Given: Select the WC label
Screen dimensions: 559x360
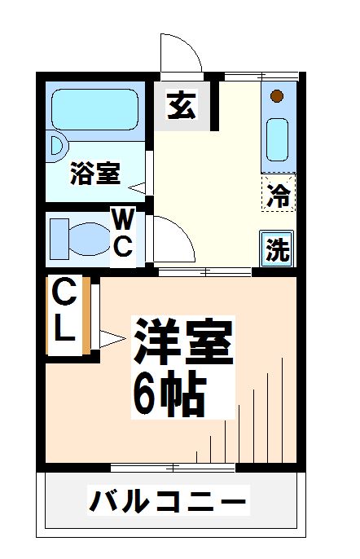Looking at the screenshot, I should [x=122, y=233].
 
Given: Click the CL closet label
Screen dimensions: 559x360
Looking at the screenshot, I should [x=65, y=311].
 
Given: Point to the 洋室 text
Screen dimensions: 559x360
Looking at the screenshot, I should [x=184, y=342].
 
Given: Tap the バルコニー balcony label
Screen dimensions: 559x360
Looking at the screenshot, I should [x=167, y=500].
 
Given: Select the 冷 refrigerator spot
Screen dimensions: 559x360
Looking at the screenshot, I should [x=279, y=195].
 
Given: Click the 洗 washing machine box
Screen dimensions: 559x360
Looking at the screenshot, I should [x=278, y=249].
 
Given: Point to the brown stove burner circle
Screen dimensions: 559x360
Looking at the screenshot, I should [x=277, y=97].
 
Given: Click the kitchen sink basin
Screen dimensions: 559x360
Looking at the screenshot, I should [x=277, y=139].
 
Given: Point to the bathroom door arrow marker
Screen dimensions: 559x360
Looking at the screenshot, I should [x=138, y=188].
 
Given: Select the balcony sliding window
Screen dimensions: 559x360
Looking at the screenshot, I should [x=173, y=467].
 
